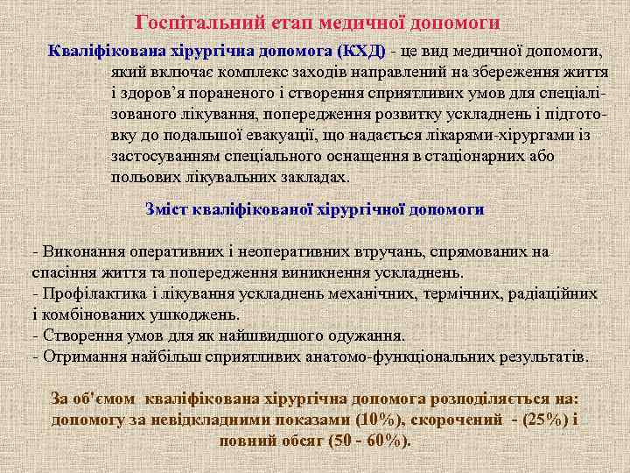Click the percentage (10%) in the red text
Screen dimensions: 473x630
pyautogui.click(x=377, y=420)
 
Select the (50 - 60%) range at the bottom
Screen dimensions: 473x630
pyautogui.click(x=368, y=441)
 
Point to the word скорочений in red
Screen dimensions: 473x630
pyautogui.click(x=459, y=420)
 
